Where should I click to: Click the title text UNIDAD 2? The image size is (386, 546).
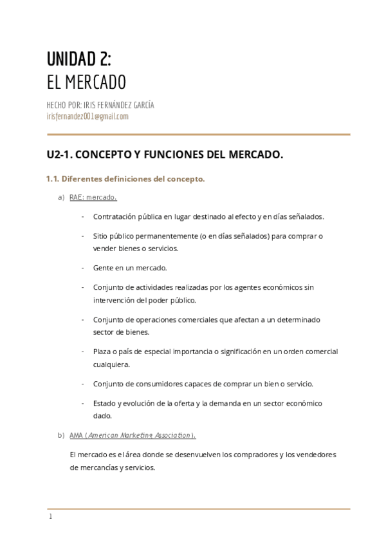click(x=78, y=59)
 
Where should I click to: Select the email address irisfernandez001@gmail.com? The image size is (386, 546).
click(x=87, y=117)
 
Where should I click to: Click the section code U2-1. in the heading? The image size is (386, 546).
click(x=61, y=155)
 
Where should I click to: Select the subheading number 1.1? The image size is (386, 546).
click(x=53, y=179)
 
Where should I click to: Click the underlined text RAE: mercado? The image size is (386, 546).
click(x=93, y=197)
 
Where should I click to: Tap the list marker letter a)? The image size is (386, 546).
click(x=61, y=197)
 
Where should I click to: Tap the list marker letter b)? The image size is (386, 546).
click(x=61, y=435)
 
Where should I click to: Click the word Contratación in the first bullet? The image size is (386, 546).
click(x=115, y=216)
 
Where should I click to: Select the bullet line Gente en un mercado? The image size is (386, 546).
click(x=130, y=268)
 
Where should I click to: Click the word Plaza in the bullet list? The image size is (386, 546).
click(x=103, y=352)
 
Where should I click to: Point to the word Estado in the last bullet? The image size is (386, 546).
click(x=105, y=403)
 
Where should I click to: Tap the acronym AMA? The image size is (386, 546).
click(x=77, y=435)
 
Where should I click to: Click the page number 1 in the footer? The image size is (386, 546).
click(x=50, y=517)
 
